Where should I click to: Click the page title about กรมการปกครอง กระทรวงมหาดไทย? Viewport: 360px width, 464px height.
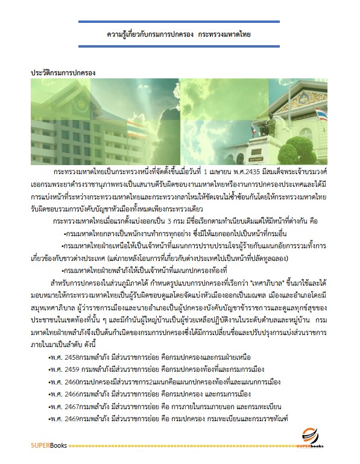tap(179, 35)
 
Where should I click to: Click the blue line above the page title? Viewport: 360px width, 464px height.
tap(179, 22)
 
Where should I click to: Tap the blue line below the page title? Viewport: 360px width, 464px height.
tap(179, 48)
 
